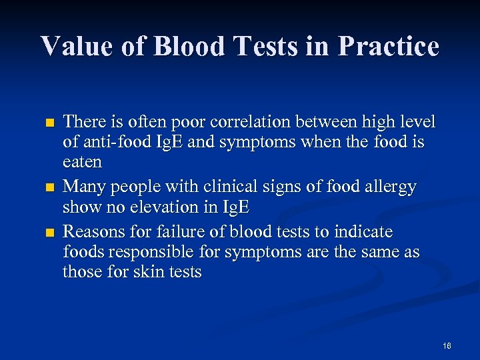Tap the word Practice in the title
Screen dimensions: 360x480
[x=388, y=47]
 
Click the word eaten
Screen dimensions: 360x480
[x=82, y=162]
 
